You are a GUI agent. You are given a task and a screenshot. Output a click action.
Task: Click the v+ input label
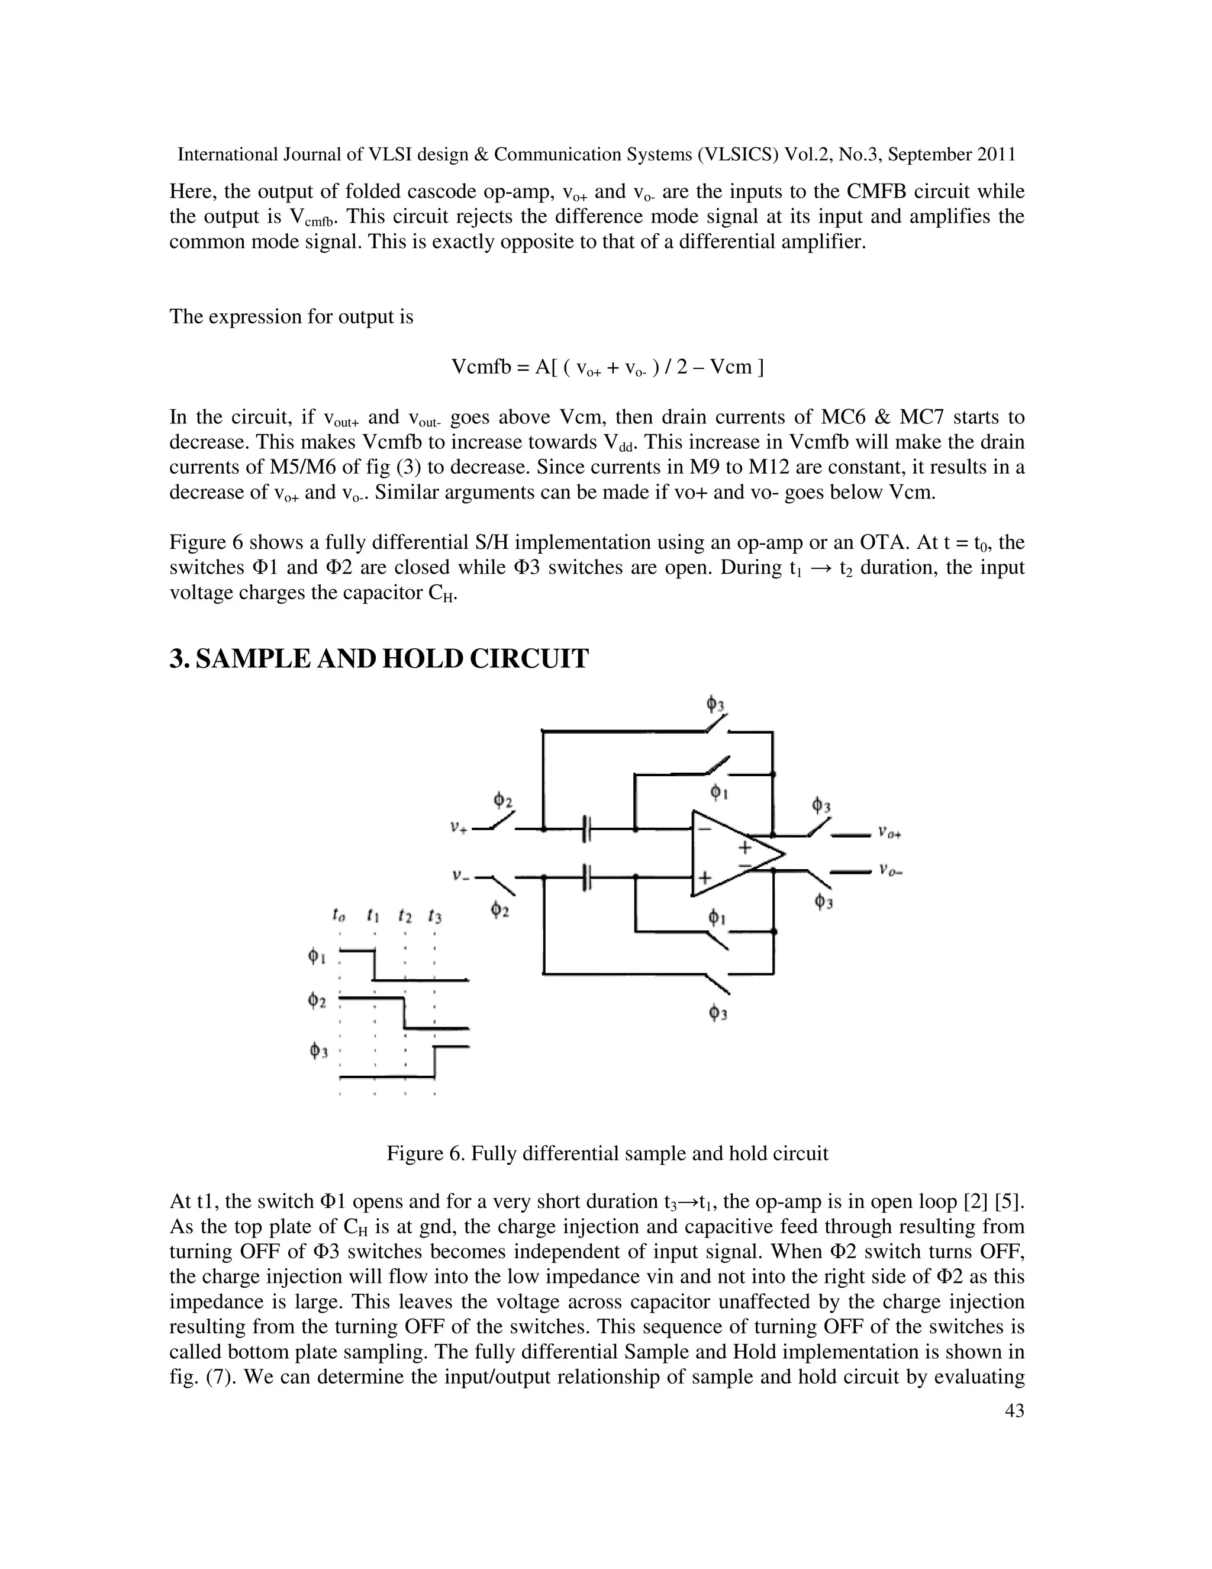[x=459, y=827]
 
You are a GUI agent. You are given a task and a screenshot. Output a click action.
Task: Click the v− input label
[x=459, y=876]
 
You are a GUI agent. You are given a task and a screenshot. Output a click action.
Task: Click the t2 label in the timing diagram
[x=405, y=916]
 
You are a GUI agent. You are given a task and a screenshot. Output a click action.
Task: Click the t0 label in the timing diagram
[x=339, y=916]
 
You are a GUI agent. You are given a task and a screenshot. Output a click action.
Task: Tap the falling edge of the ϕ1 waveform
[x=374, y=965]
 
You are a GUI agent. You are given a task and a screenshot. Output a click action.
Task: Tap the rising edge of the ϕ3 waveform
[x=434, y=1062]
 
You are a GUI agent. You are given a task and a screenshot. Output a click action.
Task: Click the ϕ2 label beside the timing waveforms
[x=317, y=1001]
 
